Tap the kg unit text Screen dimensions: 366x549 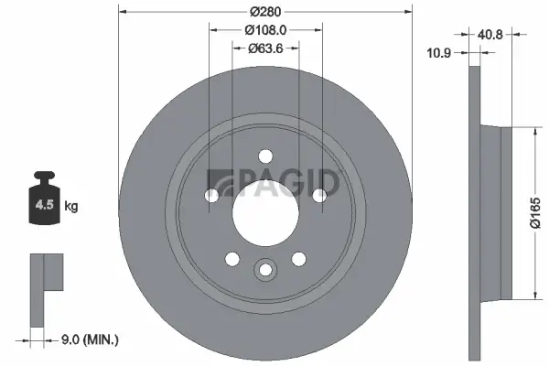71,207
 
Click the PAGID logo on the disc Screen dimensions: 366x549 274,182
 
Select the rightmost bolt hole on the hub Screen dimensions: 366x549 318,195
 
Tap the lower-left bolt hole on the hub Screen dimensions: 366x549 231,258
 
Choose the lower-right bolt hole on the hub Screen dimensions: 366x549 298,258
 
